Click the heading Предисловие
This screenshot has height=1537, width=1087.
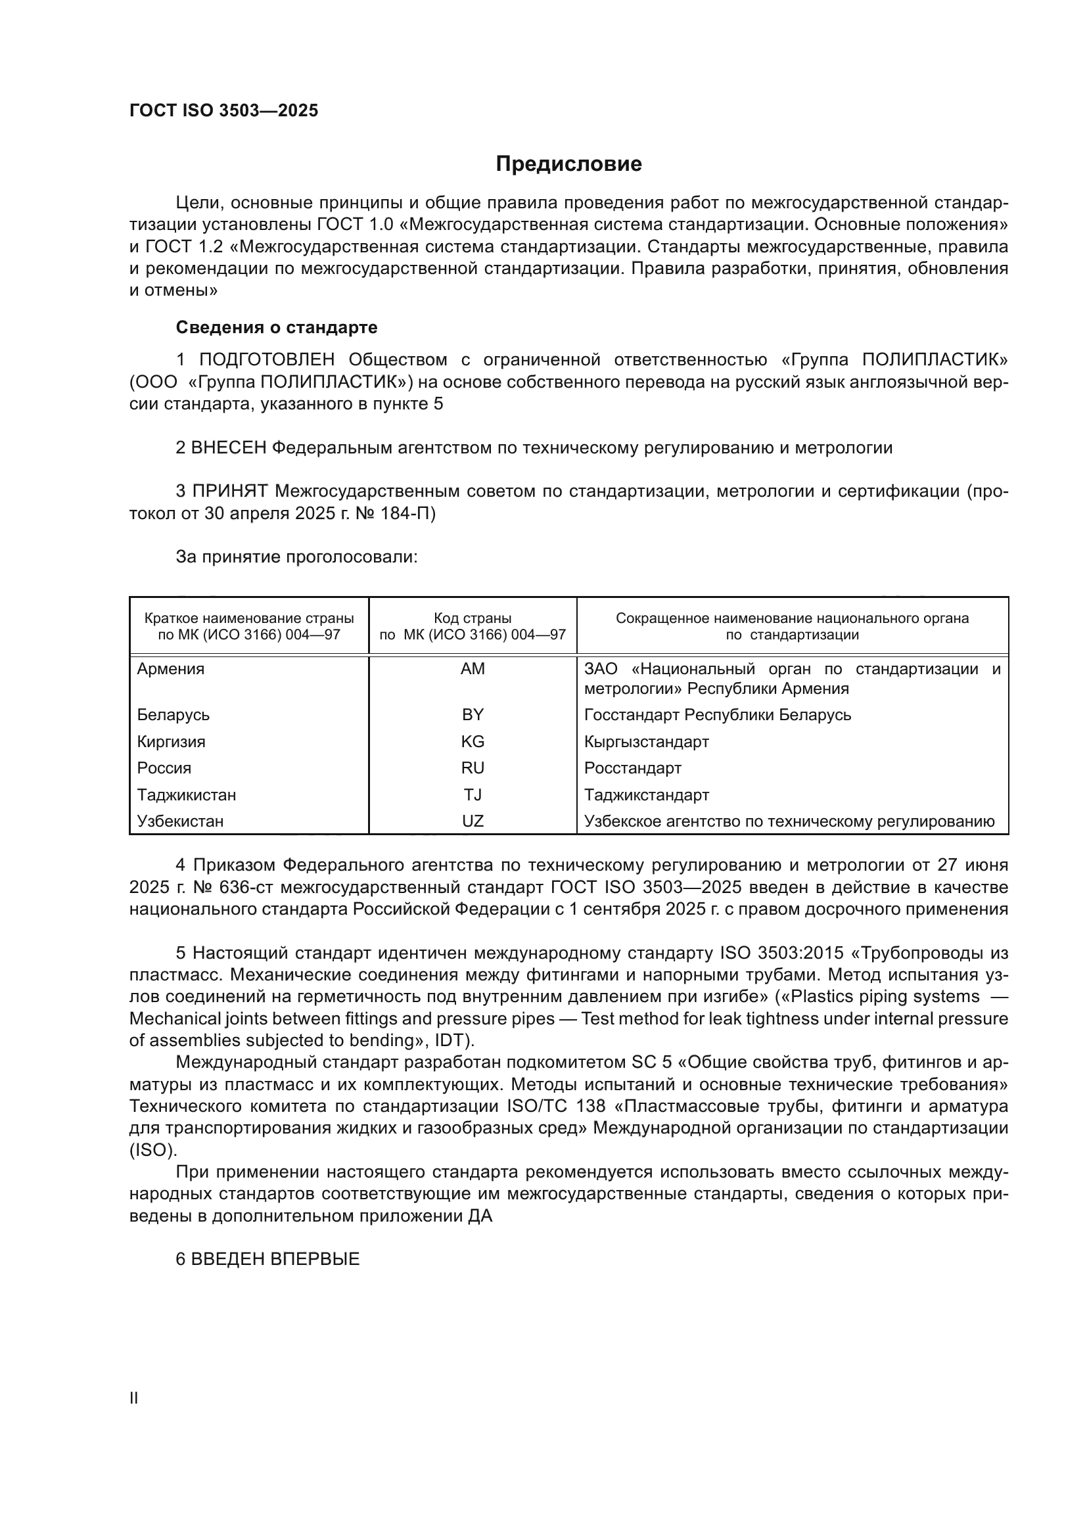[568, 164]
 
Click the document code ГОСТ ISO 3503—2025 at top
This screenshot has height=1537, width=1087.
[223, 111]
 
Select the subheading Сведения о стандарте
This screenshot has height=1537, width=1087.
[277, 327]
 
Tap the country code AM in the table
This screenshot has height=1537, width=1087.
[473, 669]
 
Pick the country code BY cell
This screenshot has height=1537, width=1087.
[473, 715]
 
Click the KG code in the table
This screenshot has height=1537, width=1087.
[473, 742]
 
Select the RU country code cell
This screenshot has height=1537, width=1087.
[473, 768]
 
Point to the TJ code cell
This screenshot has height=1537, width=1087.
[473, 794]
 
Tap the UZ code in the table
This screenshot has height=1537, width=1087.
[473, 821]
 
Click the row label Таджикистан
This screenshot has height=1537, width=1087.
[187, 794]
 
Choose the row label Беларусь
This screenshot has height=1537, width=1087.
[173, 715]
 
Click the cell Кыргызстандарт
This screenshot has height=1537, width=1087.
[647, 742]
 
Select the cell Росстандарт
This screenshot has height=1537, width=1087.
[632, 768]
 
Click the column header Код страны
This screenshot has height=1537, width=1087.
[473, 618]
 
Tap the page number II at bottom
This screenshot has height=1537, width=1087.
[134, 1398]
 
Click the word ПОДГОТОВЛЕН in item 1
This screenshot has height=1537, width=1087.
[266, 360]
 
